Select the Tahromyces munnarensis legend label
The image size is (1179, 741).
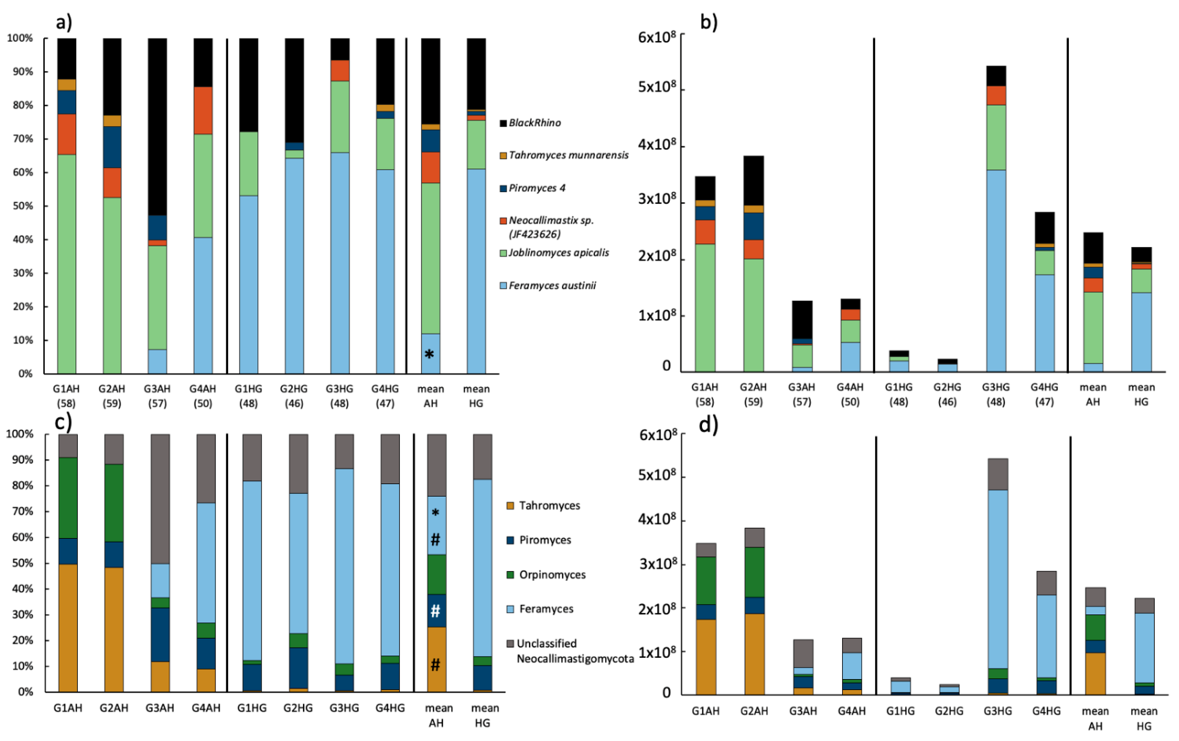pyautogui.click(x=568, y=155)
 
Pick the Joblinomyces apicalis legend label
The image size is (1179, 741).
pyautogui.click(x=558, y=253)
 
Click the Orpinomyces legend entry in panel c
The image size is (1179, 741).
pyautogui.click(x=552, y=574)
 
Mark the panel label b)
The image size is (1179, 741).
pyautogui.click(x=709, y=22)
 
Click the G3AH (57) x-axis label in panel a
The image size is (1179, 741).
pyautogui.click(x=157, y=396)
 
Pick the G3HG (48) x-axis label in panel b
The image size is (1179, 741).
pyautogui.click(x=995, y=394)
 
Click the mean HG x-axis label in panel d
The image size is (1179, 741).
pyautogui.click(x=1144, y=718)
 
